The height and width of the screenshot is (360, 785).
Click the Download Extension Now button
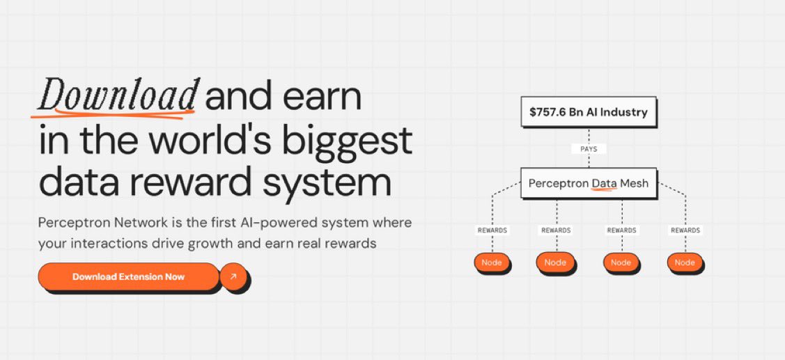click(x=128, y=276)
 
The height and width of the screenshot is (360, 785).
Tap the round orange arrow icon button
click(x=233, y=276)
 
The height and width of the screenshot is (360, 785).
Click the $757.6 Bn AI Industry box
click(x=588, y=111)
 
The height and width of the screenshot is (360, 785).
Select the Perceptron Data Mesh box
click(x=588, y=184)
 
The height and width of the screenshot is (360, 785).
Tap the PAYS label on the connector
click(x=588, y=148)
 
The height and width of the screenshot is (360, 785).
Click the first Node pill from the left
click(x=492, y=263)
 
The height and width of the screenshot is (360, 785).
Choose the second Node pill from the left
click(x=555, y=263)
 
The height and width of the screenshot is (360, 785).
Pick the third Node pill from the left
click(x=620, y=263)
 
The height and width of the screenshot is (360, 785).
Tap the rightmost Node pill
click(x=684, y=263)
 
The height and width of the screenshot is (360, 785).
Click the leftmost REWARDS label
click(x=492, y=230)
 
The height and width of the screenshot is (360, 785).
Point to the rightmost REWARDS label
click(x=685, y=230)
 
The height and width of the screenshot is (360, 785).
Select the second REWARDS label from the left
click(x=556, y=230)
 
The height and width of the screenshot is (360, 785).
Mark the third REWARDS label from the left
click(x=621, y=230)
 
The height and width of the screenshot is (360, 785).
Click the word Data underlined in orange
click(x=604, y=184)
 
